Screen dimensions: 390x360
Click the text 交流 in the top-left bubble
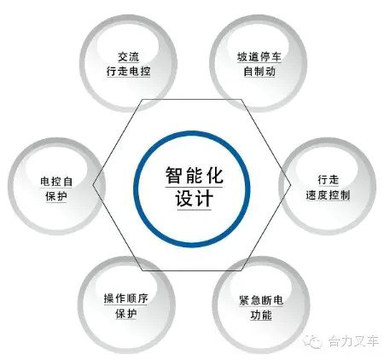pyautogui.click(x=129, y=56)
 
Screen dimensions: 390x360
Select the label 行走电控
pyautogui.click(x=129, y=71)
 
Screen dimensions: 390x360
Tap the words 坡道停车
pyautogui.click(x=259, y=57)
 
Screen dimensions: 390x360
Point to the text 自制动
pyautogui.click(x=259, y=71)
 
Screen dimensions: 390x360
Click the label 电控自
pyautogui.click(x=56, y=182)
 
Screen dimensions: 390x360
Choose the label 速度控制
pyautogui.click(x=328, y=195)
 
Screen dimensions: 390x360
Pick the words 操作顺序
pyautogui.click(x=126, y=299)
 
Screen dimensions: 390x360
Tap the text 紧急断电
pyautogui.click(x=261, y=300)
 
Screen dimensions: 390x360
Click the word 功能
pyautogui.click(x=261, y=315)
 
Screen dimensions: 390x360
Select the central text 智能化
pyautogui.click(x=195, y=175)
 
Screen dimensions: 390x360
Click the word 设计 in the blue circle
pyautogui.click(x=195, y=198)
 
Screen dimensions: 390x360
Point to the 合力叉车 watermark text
pyautogui.click(x=353, y=341)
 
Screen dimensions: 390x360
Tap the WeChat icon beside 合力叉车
pyautogui.click(x=313, y=340)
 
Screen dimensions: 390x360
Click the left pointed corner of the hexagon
pyautogui.click(x=93, y=184)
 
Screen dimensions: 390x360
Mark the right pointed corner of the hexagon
pyautogui.click(x=291, y=184)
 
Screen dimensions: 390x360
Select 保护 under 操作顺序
pyautogui.click(x=126, y=313)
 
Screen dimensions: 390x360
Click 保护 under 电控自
pyautogui.click(x=56, y=196)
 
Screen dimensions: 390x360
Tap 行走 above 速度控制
pyautogui.click(x=328, y=180)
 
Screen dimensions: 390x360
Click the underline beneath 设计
pyautogui.click(x=195, y=210)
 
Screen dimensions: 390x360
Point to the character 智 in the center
pyautogui.click(x=174, y=175)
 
